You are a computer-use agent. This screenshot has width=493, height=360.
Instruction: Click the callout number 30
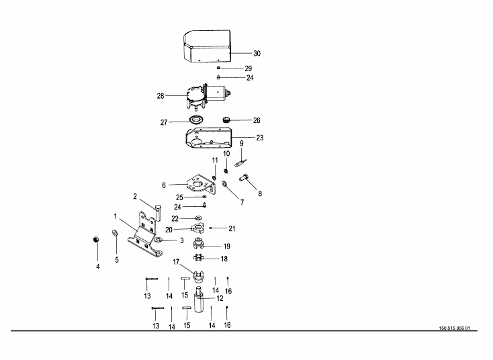[x=257, y=53]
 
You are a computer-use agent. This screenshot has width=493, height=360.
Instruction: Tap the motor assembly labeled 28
[x=205, y=96]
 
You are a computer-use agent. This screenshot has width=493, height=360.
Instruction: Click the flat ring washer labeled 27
[x=197, y=120]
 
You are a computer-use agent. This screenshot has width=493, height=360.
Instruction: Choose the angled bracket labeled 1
[x=145, y=235]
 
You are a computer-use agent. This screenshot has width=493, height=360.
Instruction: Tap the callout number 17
[x=177, y=261]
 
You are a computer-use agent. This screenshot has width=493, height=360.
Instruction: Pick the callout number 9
[x=242, y=143]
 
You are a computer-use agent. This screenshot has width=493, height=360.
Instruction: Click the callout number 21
[x=232, y=228]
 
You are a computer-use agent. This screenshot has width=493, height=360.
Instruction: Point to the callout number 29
[x=249, y=69]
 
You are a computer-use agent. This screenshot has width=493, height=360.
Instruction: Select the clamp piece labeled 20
[x=197, y=228]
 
